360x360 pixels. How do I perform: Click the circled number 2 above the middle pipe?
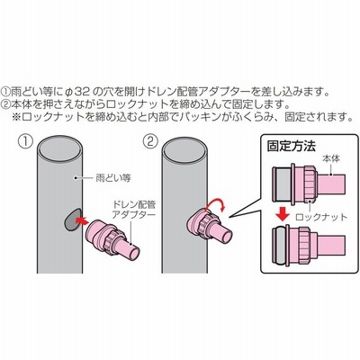pos(150,141)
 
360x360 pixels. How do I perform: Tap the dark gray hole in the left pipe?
pos(73,219)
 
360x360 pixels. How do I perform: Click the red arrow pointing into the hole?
pos(81,220)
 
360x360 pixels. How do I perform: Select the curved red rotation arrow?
pos(216,203)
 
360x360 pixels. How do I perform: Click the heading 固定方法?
pos(292,147)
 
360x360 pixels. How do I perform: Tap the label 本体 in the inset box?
pos(331,158)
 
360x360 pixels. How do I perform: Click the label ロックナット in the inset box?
pos(321,217)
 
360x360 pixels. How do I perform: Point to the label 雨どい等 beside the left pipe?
pos(113,178)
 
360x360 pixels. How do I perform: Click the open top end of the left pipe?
pos(60,148)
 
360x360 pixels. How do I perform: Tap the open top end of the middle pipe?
pos(185,148)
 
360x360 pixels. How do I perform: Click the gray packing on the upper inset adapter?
pos(283,184)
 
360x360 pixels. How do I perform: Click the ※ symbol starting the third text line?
pos(17,116)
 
